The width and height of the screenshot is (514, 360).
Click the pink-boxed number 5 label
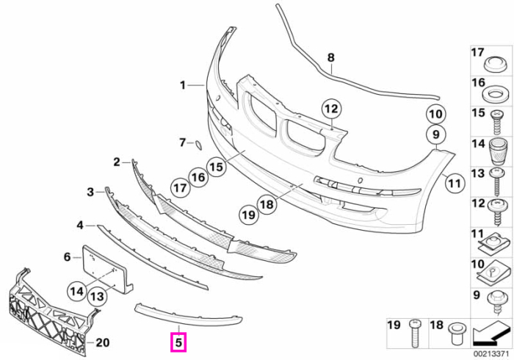(178, 342)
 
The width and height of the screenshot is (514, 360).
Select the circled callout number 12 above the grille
(331, 109)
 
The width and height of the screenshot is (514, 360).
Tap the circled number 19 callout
(249, 215)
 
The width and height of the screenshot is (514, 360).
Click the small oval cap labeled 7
(199, 145)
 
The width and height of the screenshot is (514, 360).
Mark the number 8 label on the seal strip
(331, 57)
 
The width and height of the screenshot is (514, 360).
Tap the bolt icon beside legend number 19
(414, 334)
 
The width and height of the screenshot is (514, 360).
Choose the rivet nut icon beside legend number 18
(456, 334)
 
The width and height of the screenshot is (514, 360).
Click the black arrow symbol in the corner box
(491, 334)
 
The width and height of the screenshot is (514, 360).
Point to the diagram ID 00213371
(491, 354)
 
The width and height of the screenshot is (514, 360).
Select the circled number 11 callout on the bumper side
(455, 183)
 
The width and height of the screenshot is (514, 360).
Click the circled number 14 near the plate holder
(77, 291)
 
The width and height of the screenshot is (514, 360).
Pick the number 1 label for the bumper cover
(183, 85)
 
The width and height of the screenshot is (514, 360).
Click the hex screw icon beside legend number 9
(495, 303)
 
